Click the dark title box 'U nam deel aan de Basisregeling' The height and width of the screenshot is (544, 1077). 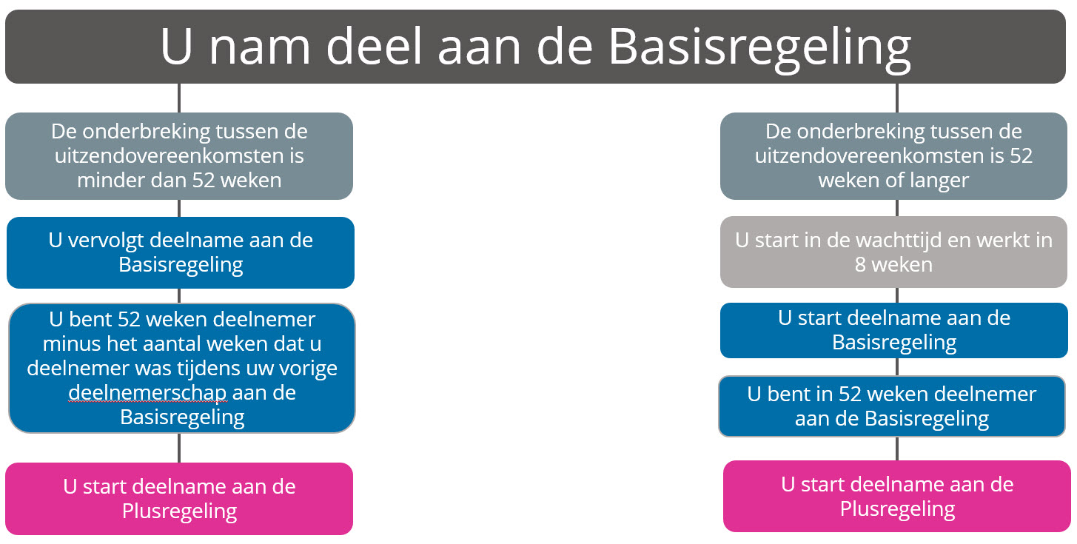pos(535,47)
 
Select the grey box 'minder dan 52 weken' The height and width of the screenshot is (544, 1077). pos(179,156)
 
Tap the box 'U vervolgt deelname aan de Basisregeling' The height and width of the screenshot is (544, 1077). pos(181,253)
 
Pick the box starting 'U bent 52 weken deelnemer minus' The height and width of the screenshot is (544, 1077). pos(182,368)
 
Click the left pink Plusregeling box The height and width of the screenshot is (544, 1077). pos(179,499)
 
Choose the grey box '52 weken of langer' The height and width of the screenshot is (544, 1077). pos(893,156)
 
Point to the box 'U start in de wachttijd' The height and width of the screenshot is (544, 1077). pos(893,252)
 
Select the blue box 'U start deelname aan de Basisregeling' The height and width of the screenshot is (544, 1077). pos(894,331)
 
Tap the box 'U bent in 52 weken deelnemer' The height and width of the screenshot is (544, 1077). pos(892,406)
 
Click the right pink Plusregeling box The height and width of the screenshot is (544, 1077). pos(896,497)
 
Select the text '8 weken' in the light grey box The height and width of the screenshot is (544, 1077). pos(893,265)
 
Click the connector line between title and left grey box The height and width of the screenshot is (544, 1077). pos(179,98)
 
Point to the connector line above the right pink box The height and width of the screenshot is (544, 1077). pos(896,449)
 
